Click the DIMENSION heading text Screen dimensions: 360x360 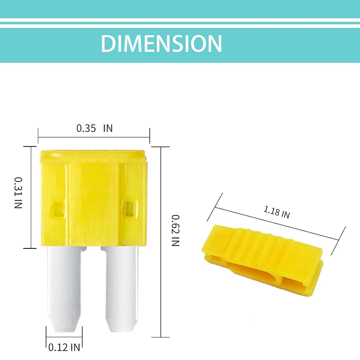(x=161, y=43)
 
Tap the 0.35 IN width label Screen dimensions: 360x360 (x=95, y=129)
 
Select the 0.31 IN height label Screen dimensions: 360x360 (x=18, y=193)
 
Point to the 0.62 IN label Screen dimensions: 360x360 (x=175, y=230)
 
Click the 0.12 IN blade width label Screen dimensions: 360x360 (x=64, y=347)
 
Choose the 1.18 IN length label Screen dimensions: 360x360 (x=276, y=212)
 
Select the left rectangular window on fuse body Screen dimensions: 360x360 (x=57, y=210)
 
